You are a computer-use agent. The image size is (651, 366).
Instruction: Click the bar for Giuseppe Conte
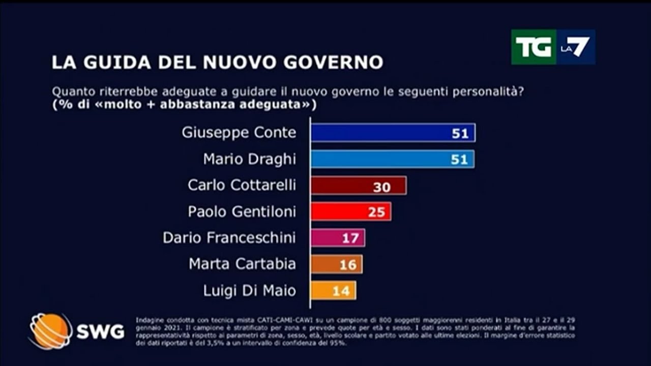393,133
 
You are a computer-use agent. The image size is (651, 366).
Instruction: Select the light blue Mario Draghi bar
392,159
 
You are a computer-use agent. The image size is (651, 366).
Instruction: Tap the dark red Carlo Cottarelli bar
358,186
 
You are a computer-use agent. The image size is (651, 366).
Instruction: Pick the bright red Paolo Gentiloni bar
350,211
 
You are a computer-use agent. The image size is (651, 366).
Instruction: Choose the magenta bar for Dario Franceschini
337,237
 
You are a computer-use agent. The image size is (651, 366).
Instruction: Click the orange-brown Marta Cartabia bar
336,264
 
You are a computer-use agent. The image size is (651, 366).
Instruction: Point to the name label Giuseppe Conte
239,133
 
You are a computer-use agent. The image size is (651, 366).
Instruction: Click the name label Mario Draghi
250,159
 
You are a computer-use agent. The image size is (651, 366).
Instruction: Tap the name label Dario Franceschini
229,237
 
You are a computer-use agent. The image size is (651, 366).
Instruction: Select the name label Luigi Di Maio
250,291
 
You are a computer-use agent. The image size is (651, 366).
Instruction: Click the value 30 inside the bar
382,187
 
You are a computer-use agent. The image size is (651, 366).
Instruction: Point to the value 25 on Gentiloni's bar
377,212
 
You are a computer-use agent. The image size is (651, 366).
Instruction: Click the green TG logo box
533,47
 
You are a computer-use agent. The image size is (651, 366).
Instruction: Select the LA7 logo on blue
575,47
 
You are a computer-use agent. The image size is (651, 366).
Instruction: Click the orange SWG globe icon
50,331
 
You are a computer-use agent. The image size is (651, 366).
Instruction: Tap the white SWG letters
100,332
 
